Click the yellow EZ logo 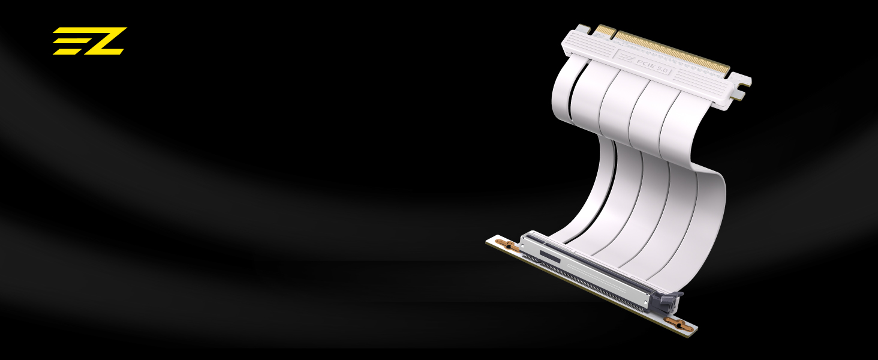90,41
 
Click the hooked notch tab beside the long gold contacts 741,86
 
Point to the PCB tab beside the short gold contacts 584,28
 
